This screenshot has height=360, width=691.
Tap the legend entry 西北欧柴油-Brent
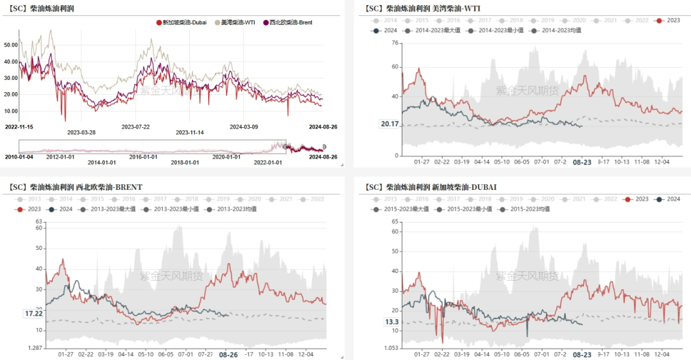click(x=290, y=22)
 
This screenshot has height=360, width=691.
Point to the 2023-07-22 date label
click(x=136, y=127)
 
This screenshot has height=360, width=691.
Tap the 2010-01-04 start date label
click(x=19, y=157)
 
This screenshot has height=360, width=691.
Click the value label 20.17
click(x=390, y=124)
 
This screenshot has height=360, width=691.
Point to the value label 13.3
click(x=392, y=322)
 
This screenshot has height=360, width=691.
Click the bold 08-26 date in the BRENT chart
click(x=228, y=354)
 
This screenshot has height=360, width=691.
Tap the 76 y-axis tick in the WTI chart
click(x=394, y=43)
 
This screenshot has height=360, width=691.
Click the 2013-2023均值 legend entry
click(x=237, y=208)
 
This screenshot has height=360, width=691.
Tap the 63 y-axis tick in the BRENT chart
click(x=38, y=221)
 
